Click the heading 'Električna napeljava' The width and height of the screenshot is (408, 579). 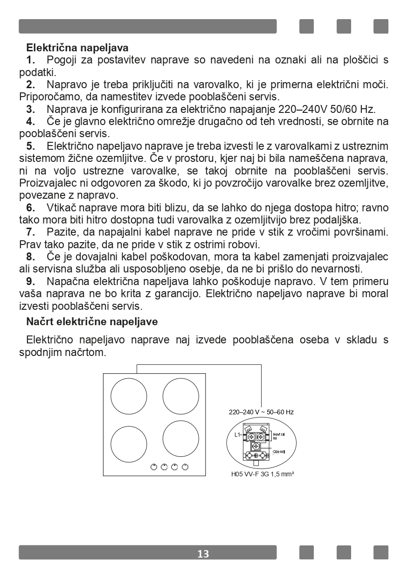point(77,48)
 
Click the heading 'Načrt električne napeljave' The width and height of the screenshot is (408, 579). point(92,321)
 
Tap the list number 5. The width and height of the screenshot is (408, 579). point(31,146)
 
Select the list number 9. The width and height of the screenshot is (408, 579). point(31,282)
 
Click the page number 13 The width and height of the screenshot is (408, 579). point(203,554)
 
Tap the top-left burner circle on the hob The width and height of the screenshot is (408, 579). point(129,396)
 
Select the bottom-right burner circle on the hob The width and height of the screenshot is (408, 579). point(181,439)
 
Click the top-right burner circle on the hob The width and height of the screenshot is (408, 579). point(181,396)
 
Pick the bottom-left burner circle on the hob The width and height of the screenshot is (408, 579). point(129,444)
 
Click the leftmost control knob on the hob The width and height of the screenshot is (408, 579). point(154,467)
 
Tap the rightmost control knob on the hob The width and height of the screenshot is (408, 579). point(185,467)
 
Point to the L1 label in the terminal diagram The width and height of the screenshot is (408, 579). point(237,435)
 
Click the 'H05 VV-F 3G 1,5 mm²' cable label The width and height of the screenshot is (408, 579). point(263,474)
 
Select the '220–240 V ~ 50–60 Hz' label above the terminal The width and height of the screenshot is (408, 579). point(261,412)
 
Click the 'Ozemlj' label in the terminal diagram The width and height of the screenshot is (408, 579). point(279,452)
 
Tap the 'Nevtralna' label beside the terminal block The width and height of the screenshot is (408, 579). point(278,436)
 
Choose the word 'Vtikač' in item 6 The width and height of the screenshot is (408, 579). point(62,207)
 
